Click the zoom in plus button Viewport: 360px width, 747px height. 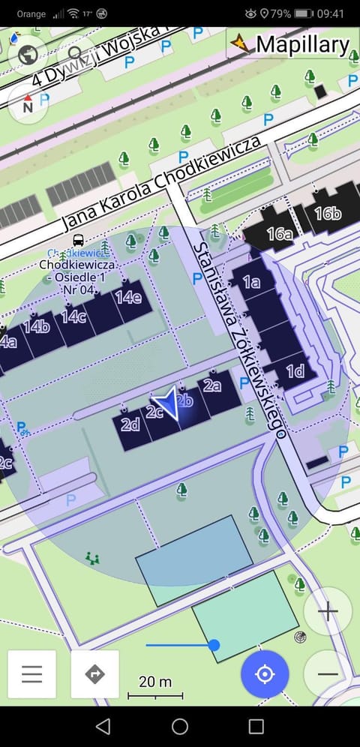(328, 611)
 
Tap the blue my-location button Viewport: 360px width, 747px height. (265, 673)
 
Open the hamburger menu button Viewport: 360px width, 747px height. (32, 673)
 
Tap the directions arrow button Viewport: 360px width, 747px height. (95, 673)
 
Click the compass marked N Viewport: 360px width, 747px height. (28, 103)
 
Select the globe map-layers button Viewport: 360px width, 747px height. (28, 53)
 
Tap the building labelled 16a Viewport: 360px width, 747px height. (279, 234)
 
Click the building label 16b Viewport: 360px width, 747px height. (327, 214)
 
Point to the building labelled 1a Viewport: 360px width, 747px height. (251, 282)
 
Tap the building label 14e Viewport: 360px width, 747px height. (127, 296)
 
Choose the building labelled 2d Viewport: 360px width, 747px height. (130, 424)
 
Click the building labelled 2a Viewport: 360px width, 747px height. (212, 386)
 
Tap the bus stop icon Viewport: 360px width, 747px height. (78, 241)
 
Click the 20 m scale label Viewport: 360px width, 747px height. (155, 682)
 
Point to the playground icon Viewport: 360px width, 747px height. (93, 558)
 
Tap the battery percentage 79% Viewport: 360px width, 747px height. (280, 13)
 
